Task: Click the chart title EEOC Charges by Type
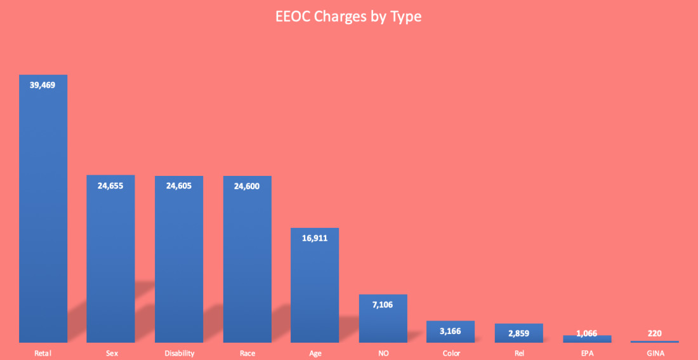pos(348,17)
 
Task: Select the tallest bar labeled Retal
pos(43,210)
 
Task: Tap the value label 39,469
pos(43,84)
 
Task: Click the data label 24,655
pos(110,185)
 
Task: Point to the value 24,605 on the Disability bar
pos(178,185)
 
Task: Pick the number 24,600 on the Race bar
pos(247,186)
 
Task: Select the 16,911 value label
pos(315,238)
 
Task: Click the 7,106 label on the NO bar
pos(383,305)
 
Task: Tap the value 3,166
pos(451,331)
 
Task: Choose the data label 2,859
pos(518,334)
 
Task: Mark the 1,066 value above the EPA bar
pos(587,334)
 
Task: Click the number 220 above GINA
pos(654,333)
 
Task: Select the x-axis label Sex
pos(110,353)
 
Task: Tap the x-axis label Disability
pos(178,353)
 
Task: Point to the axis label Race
pos(247,353)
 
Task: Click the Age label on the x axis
pos(315,353)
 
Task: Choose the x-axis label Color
pos(451,353)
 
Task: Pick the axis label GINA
pos(654,353)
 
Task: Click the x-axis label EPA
pos(587,353)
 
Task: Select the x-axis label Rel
pos(518,353)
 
